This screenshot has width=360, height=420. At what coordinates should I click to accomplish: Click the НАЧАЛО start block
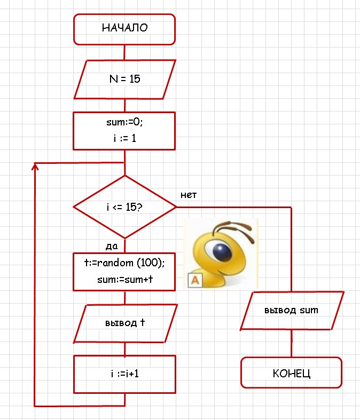124,29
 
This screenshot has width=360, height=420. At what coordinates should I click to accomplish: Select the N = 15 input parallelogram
124,79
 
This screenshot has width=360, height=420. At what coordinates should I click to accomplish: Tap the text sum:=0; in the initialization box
124,122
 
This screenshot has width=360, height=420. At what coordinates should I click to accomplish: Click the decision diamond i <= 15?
124,207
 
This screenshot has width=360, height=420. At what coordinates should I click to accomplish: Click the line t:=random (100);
124,263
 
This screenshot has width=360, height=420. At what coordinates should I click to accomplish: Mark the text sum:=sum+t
124,279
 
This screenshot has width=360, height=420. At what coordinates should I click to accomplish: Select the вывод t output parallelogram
124,323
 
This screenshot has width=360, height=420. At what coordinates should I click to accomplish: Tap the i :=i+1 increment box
124,374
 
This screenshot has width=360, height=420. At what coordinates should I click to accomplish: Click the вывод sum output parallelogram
291,310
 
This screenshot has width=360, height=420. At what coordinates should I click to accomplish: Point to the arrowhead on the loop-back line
35,167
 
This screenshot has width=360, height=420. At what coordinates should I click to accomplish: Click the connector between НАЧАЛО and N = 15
124,52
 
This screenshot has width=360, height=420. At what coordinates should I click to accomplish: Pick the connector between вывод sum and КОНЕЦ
291,343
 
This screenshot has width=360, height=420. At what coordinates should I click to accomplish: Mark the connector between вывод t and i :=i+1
124,349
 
